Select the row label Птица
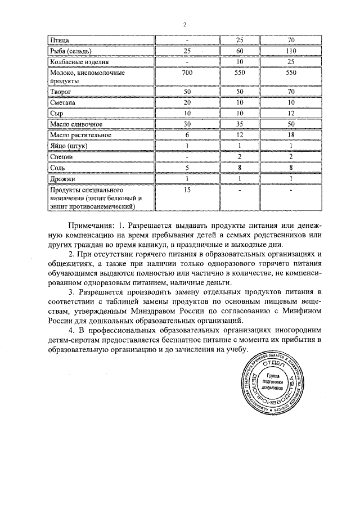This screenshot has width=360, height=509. [58, 40]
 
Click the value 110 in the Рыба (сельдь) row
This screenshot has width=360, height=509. [291, 51]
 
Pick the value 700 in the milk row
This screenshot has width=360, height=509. [187, 73]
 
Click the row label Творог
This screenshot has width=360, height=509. [59, 92]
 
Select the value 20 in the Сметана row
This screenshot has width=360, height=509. [187, 103]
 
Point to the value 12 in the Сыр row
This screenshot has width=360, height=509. [291, 114]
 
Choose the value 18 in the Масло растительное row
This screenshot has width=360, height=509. [291, 135]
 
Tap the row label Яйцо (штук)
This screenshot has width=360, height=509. [68, 146]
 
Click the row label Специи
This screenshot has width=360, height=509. [61, 157]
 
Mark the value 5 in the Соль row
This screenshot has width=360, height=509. [187, 168]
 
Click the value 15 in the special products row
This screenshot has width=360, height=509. [187, 190]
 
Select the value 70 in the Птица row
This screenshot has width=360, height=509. [291, 40]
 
